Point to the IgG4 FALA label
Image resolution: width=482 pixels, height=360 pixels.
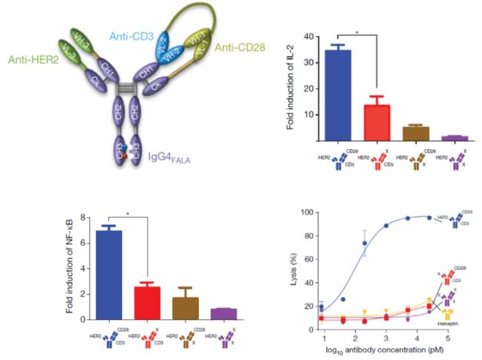pyautogui.click(x=174, y=155)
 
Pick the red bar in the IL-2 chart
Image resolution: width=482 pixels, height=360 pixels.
pyautogui.click(x=375, y=122)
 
